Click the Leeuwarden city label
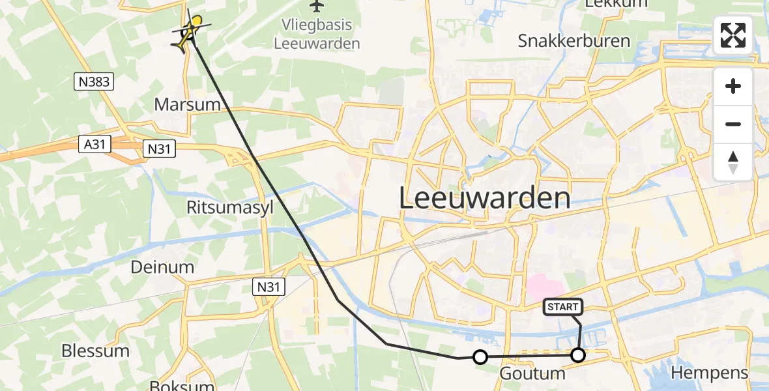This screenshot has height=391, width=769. coord(484,197)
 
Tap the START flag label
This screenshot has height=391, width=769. coord(562,307)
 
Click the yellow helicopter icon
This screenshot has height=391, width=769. coord(191,31)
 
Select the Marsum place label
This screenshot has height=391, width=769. coord(188,104)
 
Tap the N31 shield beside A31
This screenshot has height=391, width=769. coord(158,149)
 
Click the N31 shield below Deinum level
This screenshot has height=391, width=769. coord(269,286)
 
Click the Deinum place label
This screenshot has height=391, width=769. coord(163,267)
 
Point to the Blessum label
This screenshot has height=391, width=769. coord(95,351)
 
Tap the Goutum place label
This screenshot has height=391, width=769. coord(532,373)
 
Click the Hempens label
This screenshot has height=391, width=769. coord(709,373)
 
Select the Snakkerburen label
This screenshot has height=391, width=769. coord(574,41)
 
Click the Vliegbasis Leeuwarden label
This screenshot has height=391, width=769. coord(317,35)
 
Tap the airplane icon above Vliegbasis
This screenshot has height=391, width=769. coord(317,7)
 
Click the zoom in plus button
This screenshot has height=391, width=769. coord(733,87)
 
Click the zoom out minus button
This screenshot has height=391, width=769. coord(733,124)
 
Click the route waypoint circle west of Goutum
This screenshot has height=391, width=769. coord(480,357)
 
